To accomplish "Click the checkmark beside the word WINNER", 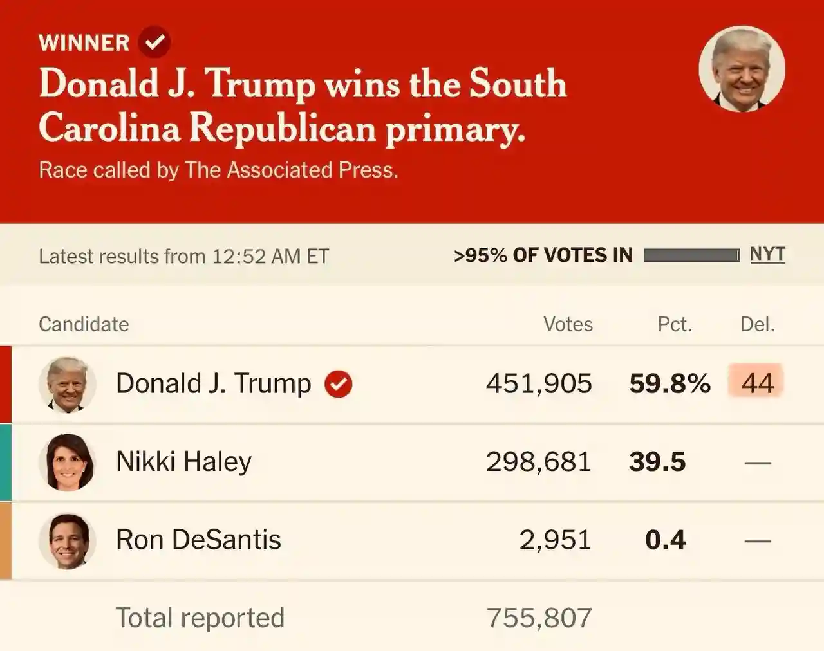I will [154, 42].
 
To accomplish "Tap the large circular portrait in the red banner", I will [742, 69].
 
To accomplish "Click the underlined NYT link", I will [767, 255].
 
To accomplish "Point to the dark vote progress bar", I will [691, 256].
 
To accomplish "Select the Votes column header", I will [568, 324].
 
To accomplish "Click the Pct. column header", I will [675, 324].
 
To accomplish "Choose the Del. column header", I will [757, 324].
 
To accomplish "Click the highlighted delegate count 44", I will [756, 383].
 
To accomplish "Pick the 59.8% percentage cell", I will [669, 383].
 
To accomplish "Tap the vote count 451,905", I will [539, 383].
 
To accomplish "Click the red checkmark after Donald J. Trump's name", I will [338, 384].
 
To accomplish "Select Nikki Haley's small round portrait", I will [67, 463].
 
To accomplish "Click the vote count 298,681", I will [538, 462].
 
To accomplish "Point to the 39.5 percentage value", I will [657, 462].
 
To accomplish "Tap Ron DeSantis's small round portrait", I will [67, 541].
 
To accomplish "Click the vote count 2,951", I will [555, 540].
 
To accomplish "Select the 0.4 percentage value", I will [666, 540].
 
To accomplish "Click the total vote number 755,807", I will [539, 618].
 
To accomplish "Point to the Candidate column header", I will [84, 324].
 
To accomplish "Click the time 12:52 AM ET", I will [270, 257].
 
